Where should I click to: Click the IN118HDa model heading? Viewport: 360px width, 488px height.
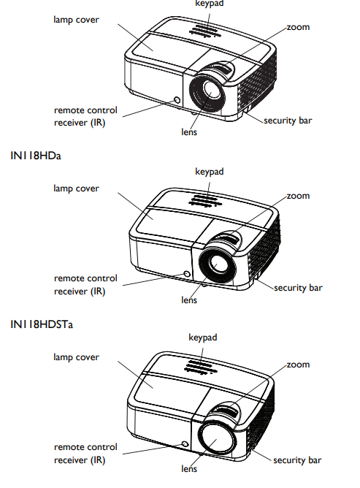pyautogui.click(x=36, y=156)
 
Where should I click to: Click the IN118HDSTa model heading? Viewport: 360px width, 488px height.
pyautogui.click(x=42, y=324)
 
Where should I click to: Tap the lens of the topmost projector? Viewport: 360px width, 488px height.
pyautogui.click(x=207, y=93)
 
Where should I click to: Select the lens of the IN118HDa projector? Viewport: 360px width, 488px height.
pyautogui.click(x=217, y=263)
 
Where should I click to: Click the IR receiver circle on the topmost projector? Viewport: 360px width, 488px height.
pyautogui.click(x=177, y=100)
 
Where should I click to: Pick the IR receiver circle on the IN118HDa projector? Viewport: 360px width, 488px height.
pyautogui.click(x=187, y=274)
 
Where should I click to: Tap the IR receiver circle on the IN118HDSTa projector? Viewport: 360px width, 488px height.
pyautogui.click(x=185, y=444)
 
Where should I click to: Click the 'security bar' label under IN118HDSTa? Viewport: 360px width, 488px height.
pyautogui.click(x=297, y=460)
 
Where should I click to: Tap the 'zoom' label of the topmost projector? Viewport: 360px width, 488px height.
pyautogui.click(x=298, y=27)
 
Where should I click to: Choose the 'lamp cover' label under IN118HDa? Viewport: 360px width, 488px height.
pyautogui.click(x=76, y=188)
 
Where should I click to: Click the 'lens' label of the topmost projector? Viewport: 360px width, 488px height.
pyautogui.click(x=189, y=131)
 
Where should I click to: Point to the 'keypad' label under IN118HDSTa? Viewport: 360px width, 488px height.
pyautogui.click(x=203, y=338)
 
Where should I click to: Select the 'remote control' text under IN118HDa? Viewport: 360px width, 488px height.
pyautogui.click(x=85, y=278)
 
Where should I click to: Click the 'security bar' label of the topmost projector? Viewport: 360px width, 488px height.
pyautogui.click(x=288, y=121)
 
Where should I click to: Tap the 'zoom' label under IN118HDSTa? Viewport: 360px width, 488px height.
pyautogui.click(x=298, y=365)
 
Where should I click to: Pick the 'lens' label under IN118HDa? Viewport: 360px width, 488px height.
pyautogui.click(x=189, y=300)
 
